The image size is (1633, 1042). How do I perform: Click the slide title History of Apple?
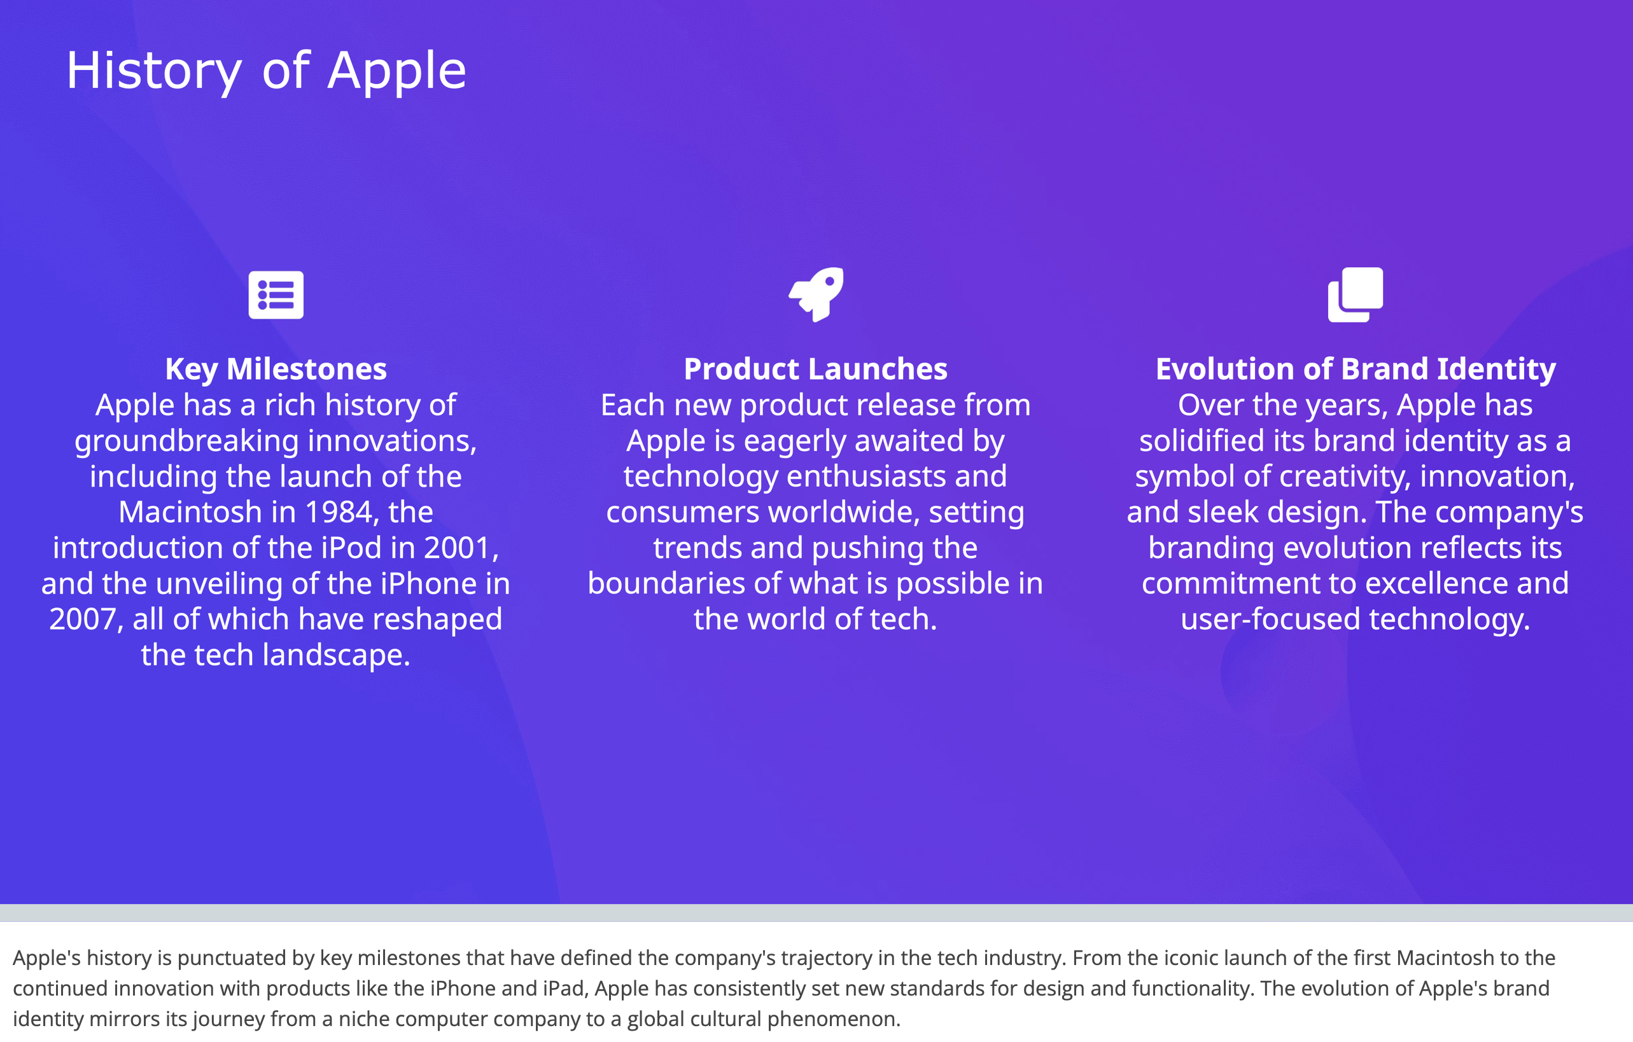click(266, 71)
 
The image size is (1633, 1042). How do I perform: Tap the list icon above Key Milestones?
click(276, 295)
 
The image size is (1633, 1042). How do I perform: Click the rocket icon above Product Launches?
click(816, 295)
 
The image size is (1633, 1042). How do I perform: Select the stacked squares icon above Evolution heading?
click(1355, 295)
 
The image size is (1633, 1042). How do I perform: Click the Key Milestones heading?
click(276, 370)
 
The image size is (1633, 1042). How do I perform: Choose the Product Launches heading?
click(815, 370)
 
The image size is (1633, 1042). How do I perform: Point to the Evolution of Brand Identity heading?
click(1355, 370)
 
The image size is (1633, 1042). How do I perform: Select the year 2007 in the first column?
click(82, 620)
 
